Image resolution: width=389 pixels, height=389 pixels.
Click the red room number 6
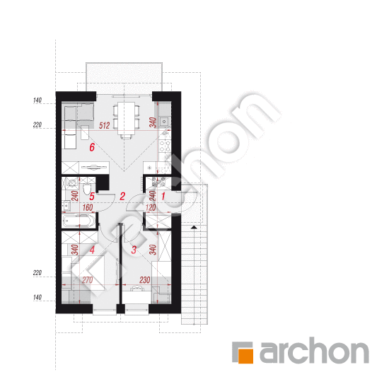pyautogui.click(x=92, y=147)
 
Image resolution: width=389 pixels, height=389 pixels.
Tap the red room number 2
pyautogui.click(x=122, y=196)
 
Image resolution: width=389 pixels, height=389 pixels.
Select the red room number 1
pyautogui.click(x=163, y=196)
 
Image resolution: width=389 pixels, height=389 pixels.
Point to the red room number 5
pyautogui.click(x=92, y=197)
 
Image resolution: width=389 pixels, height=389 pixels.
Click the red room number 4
pyautogui.click(x=92, y=250)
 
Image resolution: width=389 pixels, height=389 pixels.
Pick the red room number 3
pyautogui.click(x=134, y=250)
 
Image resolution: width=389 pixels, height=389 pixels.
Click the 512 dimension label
pyautogui.click(x=104, y=125)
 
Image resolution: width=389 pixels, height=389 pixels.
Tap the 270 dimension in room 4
pyautogui.click(x=87, y=280)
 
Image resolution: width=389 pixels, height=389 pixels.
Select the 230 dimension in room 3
pyautogui.click(x=144, y=280)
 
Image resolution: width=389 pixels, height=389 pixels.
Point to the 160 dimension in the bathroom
pyautogui.click(x=88, y=207)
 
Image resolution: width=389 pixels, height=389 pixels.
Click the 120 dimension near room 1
pyautogui.click(x=151, y=207)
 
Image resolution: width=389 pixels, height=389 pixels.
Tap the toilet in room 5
pyautogui.click(x=87, y=189)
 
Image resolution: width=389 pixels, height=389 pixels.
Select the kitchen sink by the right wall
pyautogui.click(x=164, y=122)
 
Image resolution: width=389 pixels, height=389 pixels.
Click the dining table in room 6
pyautogui.click(x=127, y=118)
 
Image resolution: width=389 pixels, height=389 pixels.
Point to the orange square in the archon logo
pyautogui.click(x=245, y=356)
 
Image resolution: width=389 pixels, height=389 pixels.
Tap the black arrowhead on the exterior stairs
pyautogui.click(x=194, y=227)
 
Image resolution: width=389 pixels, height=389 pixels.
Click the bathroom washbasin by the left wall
pyautogui.click(x=66, y=206)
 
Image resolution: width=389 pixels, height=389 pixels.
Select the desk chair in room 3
pyautogui.click(x=137, y=288)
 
